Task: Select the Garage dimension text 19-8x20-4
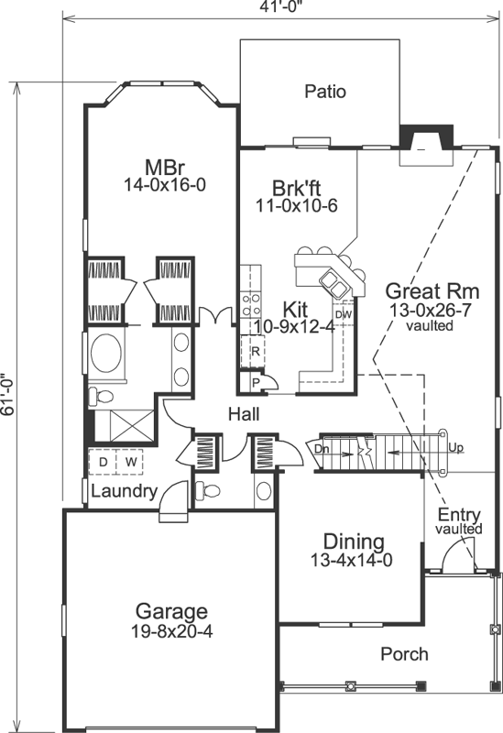point(171,630)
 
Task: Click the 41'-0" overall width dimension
point(283,6)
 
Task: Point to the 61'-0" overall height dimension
point(8,395)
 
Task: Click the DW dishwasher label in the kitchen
point(344,314)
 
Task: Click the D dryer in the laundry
point(104,462)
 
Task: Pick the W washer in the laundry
point(130,462)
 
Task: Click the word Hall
point(244,415)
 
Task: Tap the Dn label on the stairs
point(322,450)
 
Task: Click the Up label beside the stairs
point(455,449)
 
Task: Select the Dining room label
point(353,541)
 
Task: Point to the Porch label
point(403,653)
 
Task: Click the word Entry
point(458,514)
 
